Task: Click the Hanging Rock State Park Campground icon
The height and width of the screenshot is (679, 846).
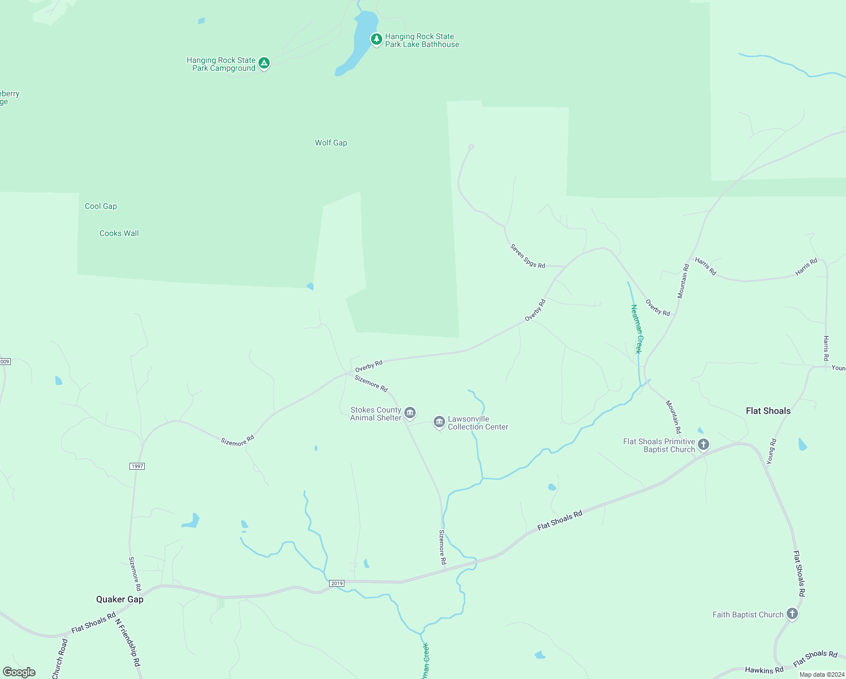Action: click(x=264, y=63)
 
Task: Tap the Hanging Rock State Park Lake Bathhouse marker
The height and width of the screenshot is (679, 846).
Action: click(x=376, y=39)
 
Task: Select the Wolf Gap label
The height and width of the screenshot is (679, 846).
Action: click(x=331, y=143)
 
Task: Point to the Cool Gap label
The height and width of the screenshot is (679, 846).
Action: click(x=101, y=206)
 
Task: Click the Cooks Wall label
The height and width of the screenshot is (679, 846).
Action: click(x=119, y=233)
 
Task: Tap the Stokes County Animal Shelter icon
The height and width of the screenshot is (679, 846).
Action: click(x=410, y=412)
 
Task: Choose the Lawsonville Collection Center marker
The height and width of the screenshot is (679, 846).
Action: click(x=439, y=422)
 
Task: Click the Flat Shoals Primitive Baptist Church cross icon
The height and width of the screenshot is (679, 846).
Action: click(x=703, y=444)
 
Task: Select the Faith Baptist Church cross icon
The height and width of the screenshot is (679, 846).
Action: click(x=792, y=613)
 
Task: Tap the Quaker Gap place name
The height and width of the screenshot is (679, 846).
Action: click(x=120, y=599)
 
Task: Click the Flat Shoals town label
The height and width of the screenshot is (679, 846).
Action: click(x=768, y=411)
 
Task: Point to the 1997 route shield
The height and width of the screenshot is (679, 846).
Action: click(x=137, y=466)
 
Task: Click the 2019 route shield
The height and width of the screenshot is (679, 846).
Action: click(x=336, y=583)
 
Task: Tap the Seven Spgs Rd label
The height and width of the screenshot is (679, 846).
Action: click(x=528, y=256)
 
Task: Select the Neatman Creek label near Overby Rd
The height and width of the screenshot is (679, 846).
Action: click(x=637, y=329)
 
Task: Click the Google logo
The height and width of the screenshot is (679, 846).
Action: click(x=19, y=672)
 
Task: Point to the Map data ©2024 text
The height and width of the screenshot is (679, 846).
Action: click(x=822, y=674)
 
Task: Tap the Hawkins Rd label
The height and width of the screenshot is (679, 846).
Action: click(x=764, y=671)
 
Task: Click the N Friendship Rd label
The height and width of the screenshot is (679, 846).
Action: click(x=128, y=642)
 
